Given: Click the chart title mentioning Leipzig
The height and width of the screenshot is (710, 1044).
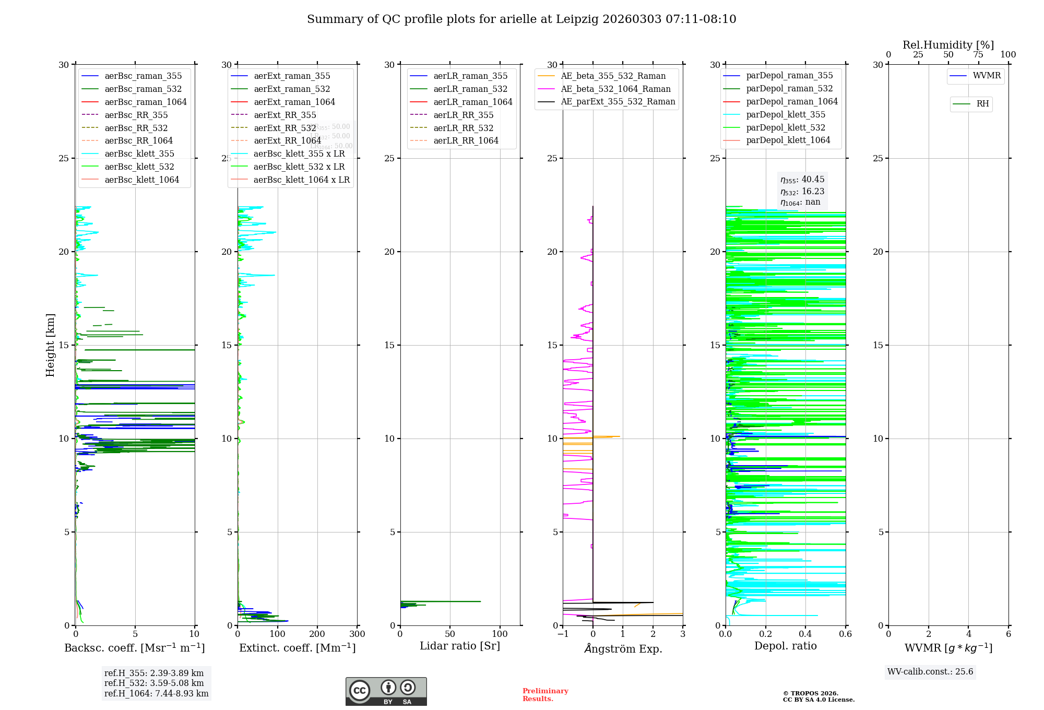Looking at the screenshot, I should [x=521, y=19].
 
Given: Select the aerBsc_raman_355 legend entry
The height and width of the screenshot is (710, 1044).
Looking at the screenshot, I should [x=143, y=76].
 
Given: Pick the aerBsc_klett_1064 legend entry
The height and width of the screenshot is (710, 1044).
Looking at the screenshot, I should [x=141, y=180].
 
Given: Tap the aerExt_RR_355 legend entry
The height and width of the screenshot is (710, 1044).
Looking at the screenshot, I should [x=285, y=115].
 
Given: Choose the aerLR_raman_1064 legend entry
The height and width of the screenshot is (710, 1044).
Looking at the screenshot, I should [x=473, y=102].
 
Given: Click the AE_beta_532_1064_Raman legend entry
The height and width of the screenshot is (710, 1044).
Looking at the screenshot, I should [x=615, y=89].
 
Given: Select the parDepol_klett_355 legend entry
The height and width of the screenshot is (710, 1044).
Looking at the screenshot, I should [x=786, y=114].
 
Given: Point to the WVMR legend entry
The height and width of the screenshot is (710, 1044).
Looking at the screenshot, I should [x=987, y=76].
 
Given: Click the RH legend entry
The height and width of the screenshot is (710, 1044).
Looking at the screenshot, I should [x=982, y=104].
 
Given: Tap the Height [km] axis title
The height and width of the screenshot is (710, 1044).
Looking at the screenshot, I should [x=50, y=345].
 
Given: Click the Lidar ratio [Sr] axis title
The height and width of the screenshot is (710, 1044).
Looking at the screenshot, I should [x=460, y=646].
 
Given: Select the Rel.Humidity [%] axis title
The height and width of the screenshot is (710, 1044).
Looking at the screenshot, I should [x=948, y=45].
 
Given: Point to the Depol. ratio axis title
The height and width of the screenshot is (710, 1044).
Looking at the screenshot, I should [x=785, y=646].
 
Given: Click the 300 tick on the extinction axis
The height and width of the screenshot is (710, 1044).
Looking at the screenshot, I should [x=357, y=634].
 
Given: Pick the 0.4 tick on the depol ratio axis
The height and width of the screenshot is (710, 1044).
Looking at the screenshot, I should [x=805, y=634].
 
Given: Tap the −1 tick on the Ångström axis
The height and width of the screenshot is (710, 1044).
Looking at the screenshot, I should [x=563, y=634].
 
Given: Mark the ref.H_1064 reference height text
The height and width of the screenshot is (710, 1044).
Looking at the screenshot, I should [x=156, y=693].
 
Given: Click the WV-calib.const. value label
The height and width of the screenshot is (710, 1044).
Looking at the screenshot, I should [x=930, y=671].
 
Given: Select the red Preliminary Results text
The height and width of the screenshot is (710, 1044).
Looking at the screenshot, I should [x=545, y=695].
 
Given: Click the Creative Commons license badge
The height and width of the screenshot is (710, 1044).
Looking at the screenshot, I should [x=386, y=692].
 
